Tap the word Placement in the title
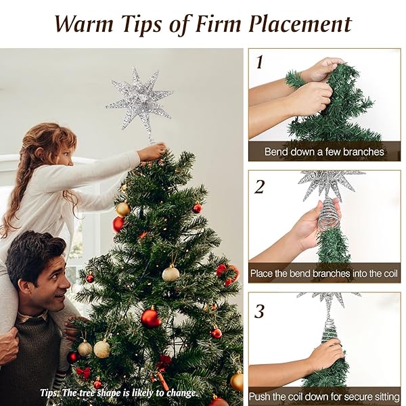tap(298, 24)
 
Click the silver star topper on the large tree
tap(141, 104)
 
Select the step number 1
tap(259, 62)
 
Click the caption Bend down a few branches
tap(324, 152)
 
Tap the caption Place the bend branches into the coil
tap(324, 274)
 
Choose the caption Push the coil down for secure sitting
tap(324, 397)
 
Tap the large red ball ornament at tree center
tap(150, 317)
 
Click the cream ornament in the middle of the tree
tap(171, 273)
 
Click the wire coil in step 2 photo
tap(330, 213)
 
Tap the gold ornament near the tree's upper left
tap(122, 209)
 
